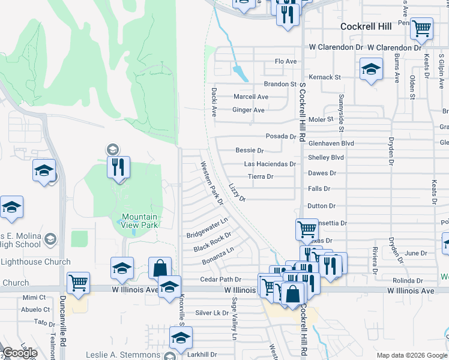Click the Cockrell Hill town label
(366, 26)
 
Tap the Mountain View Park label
(139, 221)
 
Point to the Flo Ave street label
(286, 62)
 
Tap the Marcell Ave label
(251, 97)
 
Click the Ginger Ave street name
(249, 110)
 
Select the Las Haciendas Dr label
(270, 164)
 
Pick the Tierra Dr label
(261, 176)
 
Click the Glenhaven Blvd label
(331, 143)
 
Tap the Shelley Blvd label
(325, 157)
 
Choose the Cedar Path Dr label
(220, 280)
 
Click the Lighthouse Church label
(35, 262)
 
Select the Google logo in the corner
(19, 353)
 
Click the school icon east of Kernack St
(371, 70)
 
